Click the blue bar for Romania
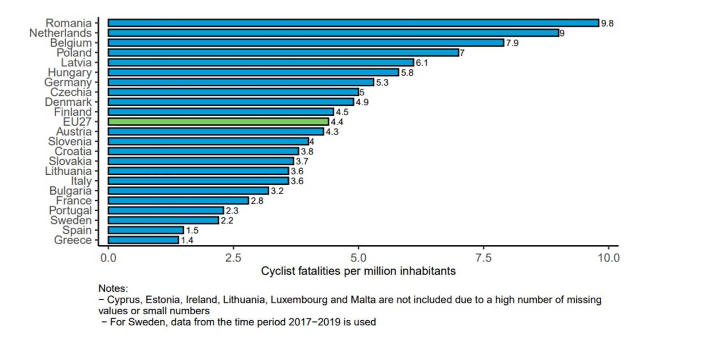353,23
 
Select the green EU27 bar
218,121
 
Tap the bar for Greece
143,240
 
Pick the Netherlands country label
60,33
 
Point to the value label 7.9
512,43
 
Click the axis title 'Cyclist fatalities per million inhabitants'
359,271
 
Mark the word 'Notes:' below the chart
113,288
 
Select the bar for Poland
284,53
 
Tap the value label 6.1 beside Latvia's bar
422,63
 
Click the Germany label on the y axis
68,82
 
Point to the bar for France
178,201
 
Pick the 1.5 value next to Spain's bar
192,230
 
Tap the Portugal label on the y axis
70,211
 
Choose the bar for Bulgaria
188,191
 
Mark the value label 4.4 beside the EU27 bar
337,122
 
